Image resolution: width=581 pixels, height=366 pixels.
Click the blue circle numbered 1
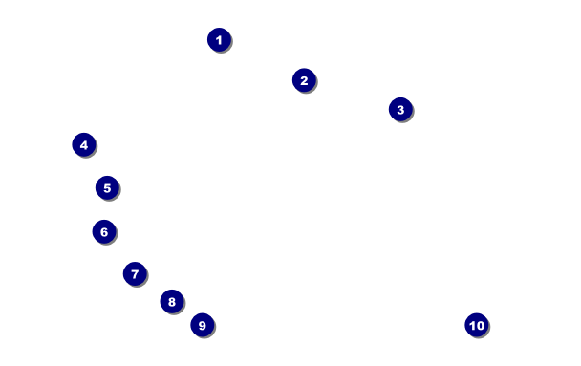click(219, 39)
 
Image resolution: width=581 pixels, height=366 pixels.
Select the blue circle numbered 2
click(304, 80)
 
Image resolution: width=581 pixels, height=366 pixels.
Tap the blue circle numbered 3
click(400, 109)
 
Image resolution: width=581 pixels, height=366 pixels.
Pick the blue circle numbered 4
click(84, 144)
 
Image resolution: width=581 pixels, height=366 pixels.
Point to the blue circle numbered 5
click(107, 187)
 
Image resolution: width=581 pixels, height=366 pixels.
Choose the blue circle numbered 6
click(104, 231)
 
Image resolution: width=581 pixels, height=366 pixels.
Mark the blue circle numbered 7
click(135, 273)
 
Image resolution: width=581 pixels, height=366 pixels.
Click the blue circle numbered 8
click(172, 302)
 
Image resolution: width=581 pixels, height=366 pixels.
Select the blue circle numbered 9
click(203, 325)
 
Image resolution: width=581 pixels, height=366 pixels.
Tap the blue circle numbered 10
click(477, 325)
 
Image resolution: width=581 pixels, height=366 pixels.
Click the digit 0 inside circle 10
click(480, 325)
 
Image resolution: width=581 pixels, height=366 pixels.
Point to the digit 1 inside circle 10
click(472, 325)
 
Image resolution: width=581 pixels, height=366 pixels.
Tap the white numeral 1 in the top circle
click(219, 39)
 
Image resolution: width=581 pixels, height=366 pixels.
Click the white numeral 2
click(304, 80)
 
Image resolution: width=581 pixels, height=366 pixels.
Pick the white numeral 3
click(400, 110)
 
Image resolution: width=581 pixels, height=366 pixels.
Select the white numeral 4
click(84, 145)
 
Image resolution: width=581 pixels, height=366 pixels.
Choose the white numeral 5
click(107, 188)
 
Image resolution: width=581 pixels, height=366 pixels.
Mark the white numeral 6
click(104, 232)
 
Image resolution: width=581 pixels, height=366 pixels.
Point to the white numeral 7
click(135, 274)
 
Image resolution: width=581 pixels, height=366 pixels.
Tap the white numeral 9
click(203, 325)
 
